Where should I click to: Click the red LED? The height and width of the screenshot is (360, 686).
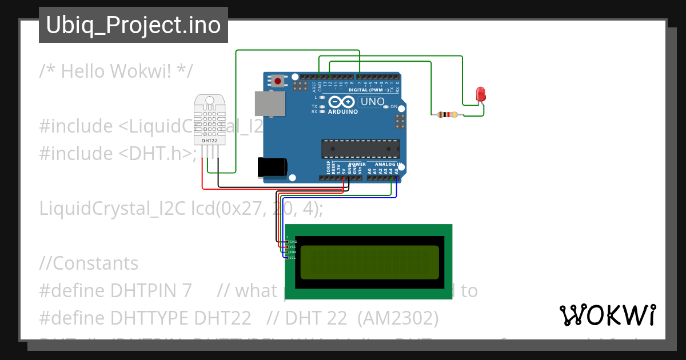tap(481, 94)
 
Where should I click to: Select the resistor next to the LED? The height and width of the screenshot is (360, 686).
tap(447, 115)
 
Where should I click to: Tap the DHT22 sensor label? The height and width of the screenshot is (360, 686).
tap(210, 140)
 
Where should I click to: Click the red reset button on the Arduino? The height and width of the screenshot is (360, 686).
tap(278, 81)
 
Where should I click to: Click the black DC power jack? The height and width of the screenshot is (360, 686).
tap(272, 167)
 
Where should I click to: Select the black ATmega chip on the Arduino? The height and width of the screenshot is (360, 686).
tap(360, 148)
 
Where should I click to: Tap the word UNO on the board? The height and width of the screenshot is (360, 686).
tap(372, 102)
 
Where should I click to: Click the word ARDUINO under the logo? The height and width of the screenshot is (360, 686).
tap(343, 112)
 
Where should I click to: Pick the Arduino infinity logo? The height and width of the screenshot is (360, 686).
tap(342, 102)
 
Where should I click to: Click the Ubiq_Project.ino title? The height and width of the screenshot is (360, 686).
tap(133, 25)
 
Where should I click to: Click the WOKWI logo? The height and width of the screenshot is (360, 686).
tap(607, 315)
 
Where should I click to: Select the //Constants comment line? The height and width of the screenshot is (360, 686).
tap(89, 263)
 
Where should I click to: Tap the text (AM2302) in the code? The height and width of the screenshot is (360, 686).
tap(398, 318)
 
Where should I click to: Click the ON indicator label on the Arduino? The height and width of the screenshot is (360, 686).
tap(394, 107)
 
